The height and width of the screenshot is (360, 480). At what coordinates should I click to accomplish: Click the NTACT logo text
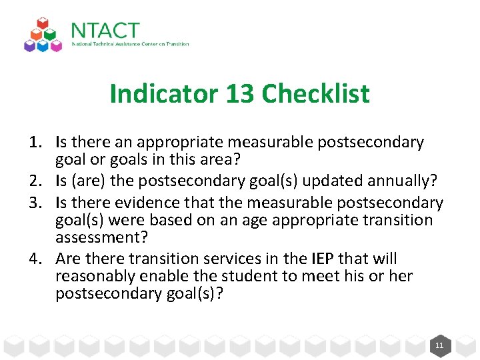pos(105,31)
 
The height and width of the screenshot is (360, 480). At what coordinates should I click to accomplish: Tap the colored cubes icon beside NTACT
pos(43,35)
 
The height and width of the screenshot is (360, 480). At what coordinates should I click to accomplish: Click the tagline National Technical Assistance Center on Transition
pos(130,45)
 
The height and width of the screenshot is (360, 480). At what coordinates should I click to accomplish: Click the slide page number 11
pos(439,345)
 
